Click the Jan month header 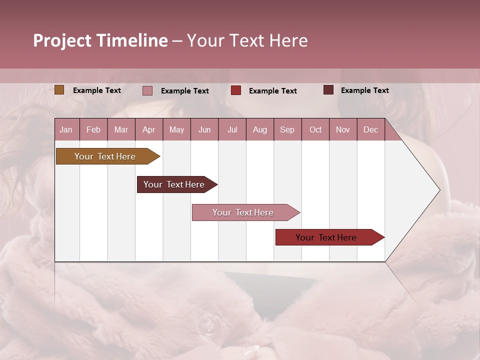[x=66, y=129]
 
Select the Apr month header [x=149, y=129]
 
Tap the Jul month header [x=232, y=129]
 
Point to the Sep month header [x=287, y=129]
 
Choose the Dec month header [x=371, y=129]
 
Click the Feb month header [x=93, y=129]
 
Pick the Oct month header [x=315, y=129]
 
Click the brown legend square [x=59, y=90]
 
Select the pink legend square [x=147, y=90]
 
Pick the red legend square [x=236, y=90]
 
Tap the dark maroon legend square [x=328, y=90]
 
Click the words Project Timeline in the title [x=100, y=40]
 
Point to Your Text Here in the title [x=247, y=40]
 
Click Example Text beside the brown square [x=97, y=90]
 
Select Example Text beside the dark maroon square [x=365, y=90]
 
